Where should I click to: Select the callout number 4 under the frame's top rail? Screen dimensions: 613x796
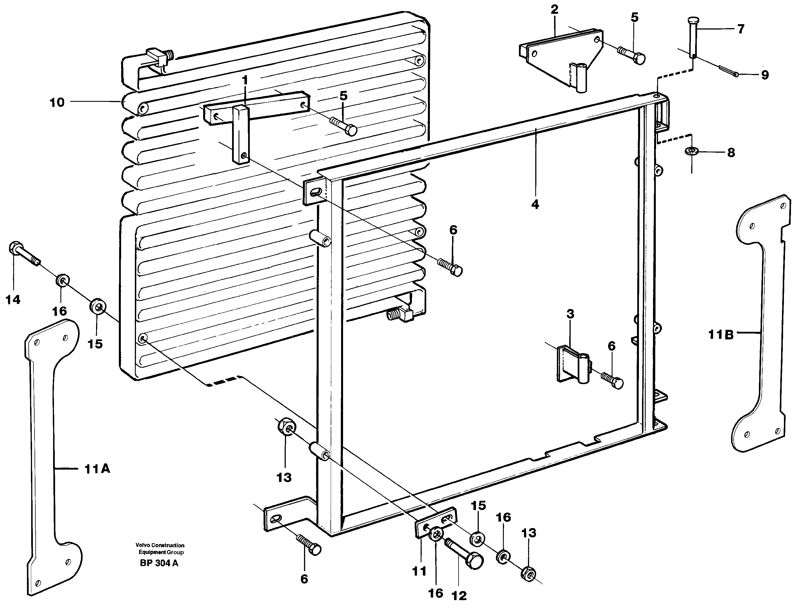(535, 205)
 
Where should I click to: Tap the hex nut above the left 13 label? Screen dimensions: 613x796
(287, 426)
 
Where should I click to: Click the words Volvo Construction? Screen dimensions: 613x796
(160, 545)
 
